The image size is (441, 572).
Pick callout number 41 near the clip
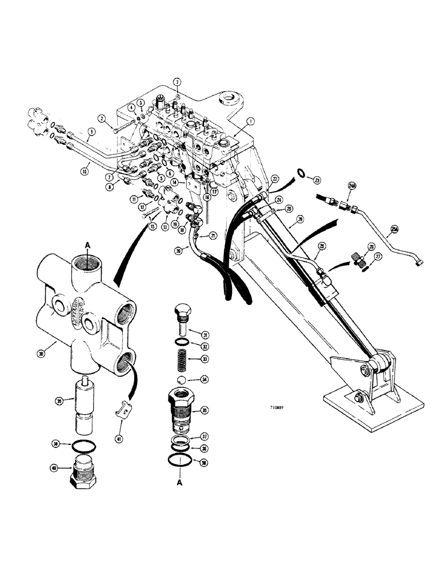pyautogui.click(x=119, y=422)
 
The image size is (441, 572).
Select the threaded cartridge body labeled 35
pyautogui.click(x=182, y=409)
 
